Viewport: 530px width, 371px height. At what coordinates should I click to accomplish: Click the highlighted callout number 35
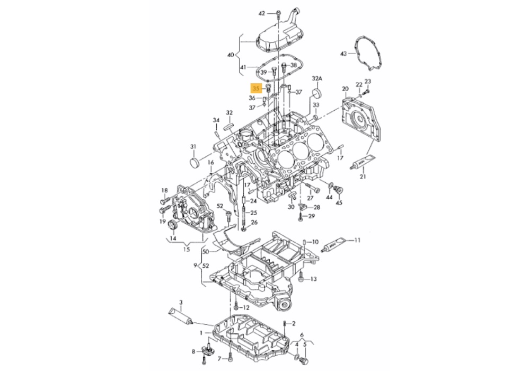[x=255, y=89]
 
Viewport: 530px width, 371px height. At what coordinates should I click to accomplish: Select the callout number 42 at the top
[x=262, y=14]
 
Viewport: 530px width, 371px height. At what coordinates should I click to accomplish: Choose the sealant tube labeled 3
[x=181, y=318]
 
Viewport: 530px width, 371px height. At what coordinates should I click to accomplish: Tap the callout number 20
[x=345, y=89]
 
